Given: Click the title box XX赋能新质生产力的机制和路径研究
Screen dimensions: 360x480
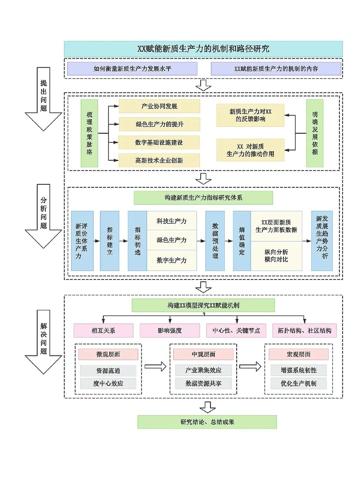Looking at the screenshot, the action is click(203, 49).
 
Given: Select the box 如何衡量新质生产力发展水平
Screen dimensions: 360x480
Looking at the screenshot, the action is click(132, 69).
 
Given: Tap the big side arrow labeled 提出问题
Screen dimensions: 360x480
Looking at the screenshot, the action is click(43, 99).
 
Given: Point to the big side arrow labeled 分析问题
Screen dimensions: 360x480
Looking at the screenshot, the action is click(43, 216).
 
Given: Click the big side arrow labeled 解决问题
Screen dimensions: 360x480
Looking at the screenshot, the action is click(43, 342).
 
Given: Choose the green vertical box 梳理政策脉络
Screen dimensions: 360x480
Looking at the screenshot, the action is click(89, 133).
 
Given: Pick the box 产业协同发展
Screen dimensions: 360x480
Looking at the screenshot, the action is click(159, 106).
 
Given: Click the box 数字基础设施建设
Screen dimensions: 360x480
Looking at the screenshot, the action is click(159, 142).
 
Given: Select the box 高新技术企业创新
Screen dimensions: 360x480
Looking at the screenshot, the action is click(159, 160).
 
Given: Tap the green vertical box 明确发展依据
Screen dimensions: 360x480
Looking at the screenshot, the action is click(315, 133).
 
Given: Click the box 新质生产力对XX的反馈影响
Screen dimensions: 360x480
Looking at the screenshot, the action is click(250, 115).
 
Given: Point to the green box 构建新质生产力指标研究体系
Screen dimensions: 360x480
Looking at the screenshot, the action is click(203, 198).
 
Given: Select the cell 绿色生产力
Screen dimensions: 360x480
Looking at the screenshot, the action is click(172, 240).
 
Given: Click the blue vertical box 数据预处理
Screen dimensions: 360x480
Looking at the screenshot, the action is click(215, 241).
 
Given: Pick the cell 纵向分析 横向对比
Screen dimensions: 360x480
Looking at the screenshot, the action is click(276, 256).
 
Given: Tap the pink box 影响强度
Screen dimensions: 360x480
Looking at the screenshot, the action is click(170, 330).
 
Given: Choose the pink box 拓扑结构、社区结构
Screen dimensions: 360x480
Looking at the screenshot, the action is click(304, 330).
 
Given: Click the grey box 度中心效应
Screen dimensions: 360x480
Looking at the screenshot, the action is click(108, 383).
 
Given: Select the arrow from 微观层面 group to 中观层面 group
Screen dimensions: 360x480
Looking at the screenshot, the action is click(155, 367).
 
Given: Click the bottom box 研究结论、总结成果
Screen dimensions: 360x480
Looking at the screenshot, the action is click(207, 422).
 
